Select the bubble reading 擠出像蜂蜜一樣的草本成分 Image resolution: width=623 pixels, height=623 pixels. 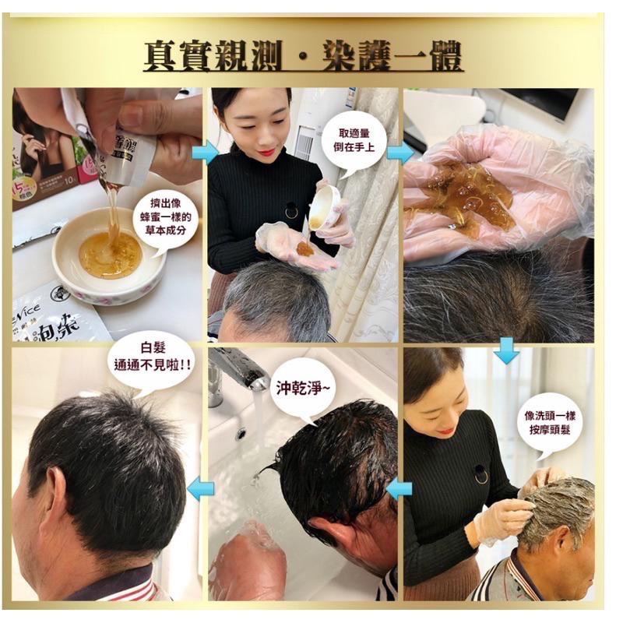pos(165,220)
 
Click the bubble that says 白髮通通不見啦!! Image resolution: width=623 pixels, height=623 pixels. pos(153,360)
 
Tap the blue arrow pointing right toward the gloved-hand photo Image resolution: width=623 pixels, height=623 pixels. pos(399,153)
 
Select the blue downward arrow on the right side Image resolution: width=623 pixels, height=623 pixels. pos(506,350)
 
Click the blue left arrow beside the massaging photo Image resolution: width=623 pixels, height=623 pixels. pos(399,489)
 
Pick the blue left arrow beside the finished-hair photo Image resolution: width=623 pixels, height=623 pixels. pos(201,489)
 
